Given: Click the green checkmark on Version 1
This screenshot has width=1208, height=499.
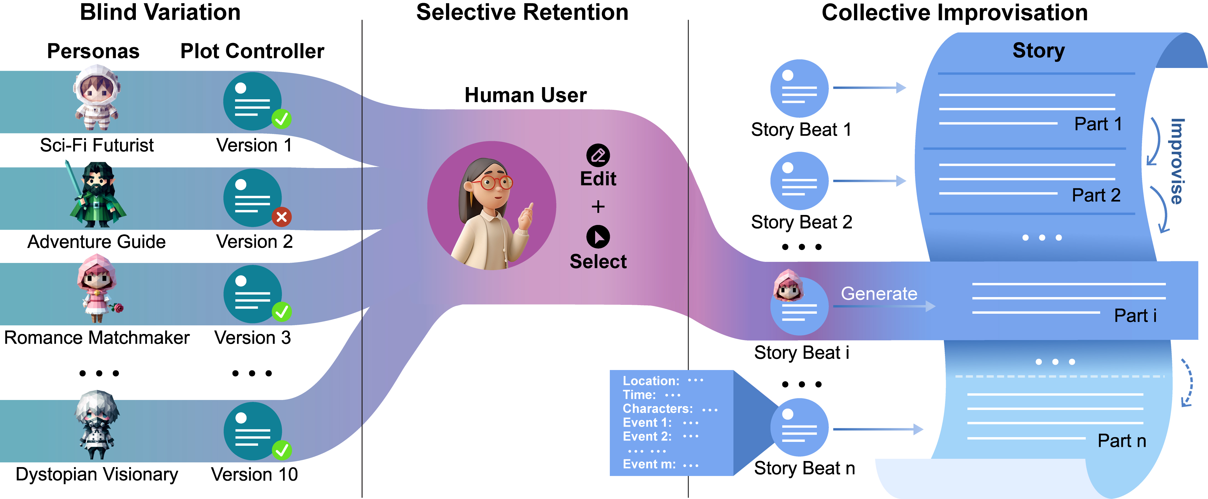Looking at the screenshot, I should coord(281,119).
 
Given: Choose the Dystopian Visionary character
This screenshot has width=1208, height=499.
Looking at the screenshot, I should coord(97,425).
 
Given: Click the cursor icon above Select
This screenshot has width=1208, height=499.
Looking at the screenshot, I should coord(598,237).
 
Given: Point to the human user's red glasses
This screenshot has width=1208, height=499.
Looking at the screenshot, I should coord(492,183).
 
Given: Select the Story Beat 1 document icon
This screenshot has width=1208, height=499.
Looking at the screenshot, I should coord(799,88).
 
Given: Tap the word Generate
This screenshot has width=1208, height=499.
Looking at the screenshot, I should coord(879,294).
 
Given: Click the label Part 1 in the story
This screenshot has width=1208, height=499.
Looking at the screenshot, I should coord(1098,124).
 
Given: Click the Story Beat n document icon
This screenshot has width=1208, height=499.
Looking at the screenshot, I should coord(799,427).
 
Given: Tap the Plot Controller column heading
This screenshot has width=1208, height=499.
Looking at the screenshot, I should coord(252,51).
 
